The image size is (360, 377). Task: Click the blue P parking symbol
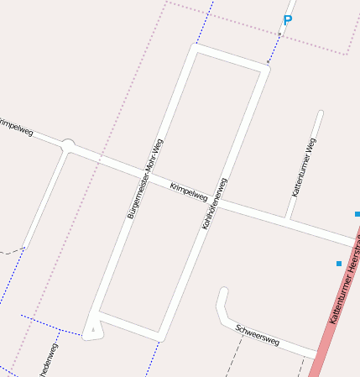tap(287, 21)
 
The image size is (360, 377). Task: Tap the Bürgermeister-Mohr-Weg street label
tap(145, 179)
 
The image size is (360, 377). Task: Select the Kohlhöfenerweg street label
tap(215, 204)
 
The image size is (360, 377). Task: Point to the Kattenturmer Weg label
tap(304, 168)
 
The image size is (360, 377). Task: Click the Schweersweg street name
tap(257, 334)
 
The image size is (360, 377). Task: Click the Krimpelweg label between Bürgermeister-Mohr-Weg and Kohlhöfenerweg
tap(188, 191)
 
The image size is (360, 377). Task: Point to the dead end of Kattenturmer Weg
tap(320, 113)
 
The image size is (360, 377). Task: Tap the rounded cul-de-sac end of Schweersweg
tap(223, 293)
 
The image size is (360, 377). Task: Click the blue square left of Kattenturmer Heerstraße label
tap(339, 264)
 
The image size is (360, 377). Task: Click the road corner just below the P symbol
tap(266, 69)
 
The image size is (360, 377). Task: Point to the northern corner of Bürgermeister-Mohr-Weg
tap(195, 49)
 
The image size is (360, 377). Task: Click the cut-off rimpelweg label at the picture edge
tap(16, 127)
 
